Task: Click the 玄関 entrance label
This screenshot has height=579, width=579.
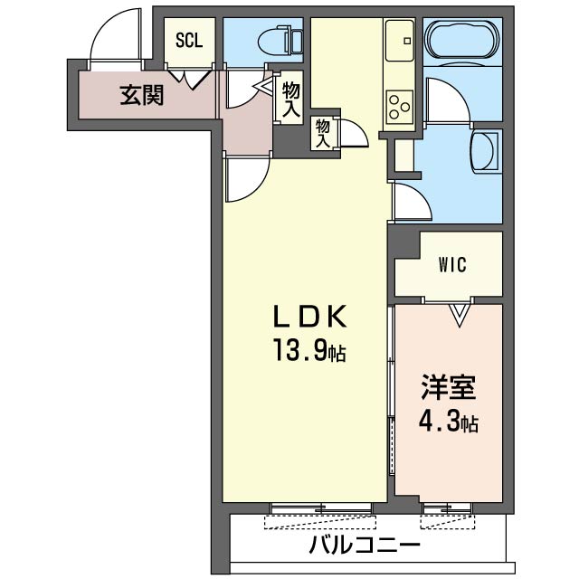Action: (x=142, y=93)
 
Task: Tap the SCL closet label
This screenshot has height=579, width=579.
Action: (x=189, y=41)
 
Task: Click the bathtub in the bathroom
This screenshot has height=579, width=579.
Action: (x=461, y=41)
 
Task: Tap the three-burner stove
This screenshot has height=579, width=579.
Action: (x=399, y=106)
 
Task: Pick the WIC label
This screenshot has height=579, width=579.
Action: (x=451, y=265)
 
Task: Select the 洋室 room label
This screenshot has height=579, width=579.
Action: (x=448, y=389)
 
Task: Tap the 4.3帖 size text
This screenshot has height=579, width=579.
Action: (x=448, y=421)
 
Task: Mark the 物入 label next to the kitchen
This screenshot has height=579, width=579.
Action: (x=323, y=133)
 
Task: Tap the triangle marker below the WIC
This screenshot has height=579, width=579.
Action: (x=460, y=314)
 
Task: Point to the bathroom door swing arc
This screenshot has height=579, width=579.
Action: (x=445, y=100)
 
